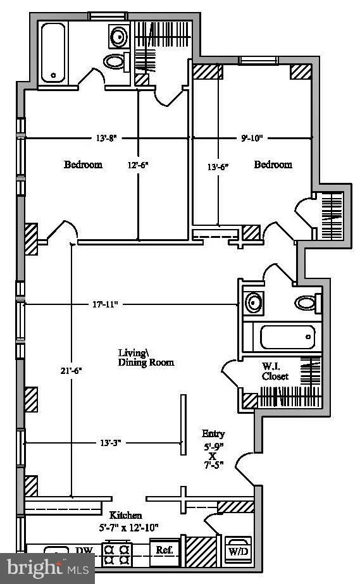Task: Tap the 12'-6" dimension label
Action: click(x=138, y=165)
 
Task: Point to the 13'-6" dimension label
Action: click(x=217, y=167)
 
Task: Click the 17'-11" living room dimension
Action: click(x=106, y=304)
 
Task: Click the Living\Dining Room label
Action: click(x=146, y=357)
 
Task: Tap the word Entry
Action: click(x=213, y=434)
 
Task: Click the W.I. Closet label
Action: click(x=276, y=371)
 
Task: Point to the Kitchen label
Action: click(x=126, y=516)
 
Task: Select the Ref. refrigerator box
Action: click(x=165, y=550)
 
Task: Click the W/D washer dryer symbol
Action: click(x=239, y=551)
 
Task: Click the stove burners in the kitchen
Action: click(x=116, y=553)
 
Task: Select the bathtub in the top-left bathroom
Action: click(x=53, y=53)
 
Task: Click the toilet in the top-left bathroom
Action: click(x=115, y=61)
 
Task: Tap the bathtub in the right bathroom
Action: click(x=287, y=337)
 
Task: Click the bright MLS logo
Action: click(x=47, y=568)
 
